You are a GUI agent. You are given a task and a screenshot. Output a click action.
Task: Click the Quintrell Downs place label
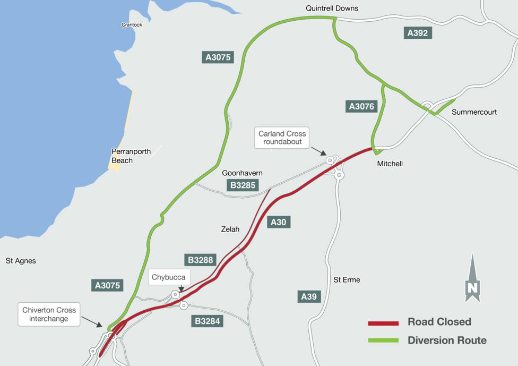click(x=332, y=8)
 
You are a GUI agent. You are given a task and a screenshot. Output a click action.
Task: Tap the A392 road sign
click(x=417, y=33)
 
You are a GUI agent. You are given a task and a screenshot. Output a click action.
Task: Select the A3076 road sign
click(x=361, y=107)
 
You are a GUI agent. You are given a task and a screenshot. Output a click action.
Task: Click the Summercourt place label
click(x=474, y=112)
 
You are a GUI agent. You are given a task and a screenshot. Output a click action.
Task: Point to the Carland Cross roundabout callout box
click(x=282, y=138)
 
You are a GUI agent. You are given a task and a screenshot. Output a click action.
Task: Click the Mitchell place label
click(x=390, y=164)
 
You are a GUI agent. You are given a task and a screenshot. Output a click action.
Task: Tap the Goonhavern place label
click(x=242, y=173)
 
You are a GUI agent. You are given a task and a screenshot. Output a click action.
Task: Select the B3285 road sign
click(x=243, y=185)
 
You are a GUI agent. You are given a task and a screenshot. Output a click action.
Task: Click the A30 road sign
click(x=279, y=222)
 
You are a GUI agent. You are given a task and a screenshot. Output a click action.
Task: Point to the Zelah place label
click(x=230, y=229)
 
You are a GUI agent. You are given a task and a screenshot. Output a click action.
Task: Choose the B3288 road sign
click(x=201, y=260)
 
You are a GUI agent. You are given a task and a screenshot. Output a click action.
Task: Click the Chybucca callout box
click(x=169, y=277)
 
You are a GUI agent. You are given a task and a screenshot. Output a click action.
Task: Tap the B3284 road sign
click(x=208, y=321)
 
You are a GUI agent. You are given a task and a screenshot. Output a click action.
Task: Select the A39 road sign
click(x=309, y=296)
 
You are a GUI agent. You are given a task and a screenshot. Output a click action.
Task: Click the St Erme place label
click(x=347, y=279)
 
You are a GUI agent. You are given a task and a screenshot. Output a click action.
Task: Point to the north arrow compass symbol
click(x=472, y=279)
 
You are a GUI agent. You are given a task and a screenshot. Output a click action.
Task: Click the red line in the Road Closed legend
click(x=383, y=323)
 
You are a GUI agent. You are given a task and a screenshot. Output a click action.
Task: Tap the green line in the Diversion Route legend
click(x=383, y=341)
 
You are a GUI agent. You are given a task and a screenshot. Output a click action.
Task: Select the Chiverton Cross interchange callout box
click(x=49, y=314)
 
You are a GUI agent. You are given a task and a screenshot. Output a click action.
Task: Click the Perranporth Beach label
click(x=131, y=156)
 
